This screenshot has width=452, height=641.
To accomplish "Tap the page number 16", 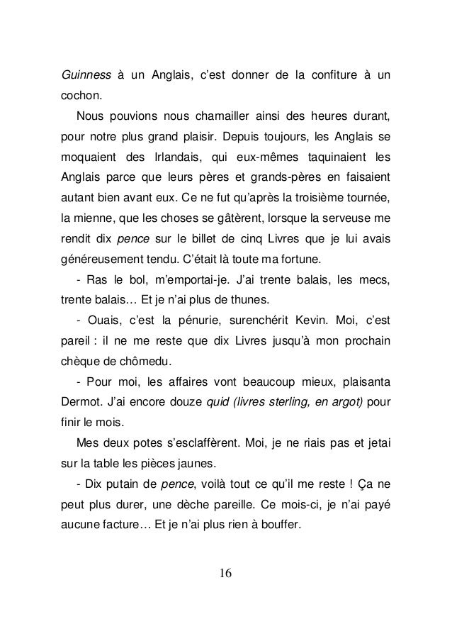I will click(226, 573).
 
